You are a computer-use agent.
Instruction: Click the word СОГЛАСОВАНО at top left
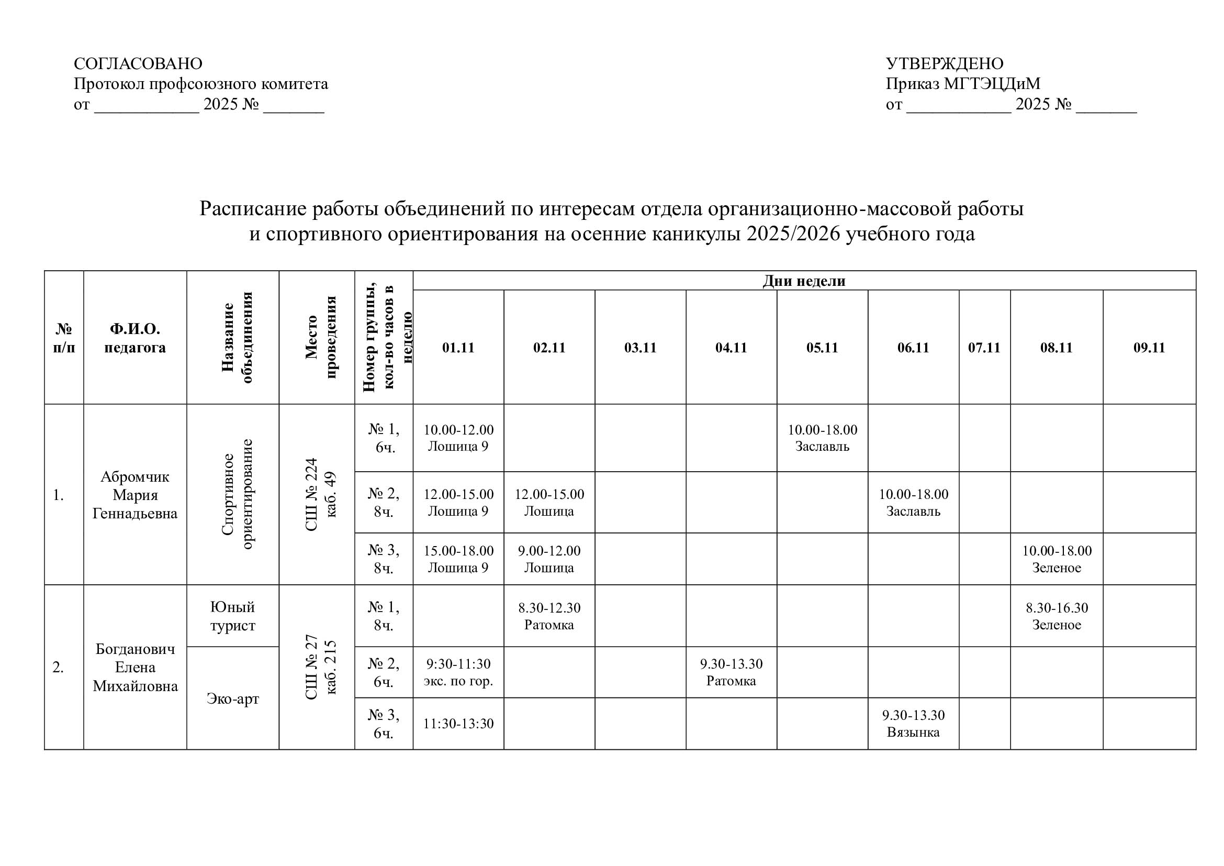point(138,64)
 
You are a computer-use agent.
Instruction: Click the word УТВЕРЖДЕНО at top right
point(944,64)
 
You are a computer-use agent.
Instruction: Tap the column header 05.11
point(822,348)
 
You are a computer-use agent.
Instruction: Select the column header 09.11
point(1149,348)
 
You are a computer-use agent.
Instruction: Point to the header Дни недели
point(804,281)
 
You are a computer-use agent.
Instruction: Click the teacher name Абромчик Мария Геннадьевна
point(135,495)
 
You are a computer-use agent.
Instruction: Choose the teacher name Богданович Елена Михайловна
point(135,667)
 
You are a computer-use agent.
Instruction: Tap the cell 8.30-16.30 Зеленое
point(1056,616)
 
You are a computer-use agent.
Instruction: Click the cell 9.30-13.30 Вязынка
point(913,723)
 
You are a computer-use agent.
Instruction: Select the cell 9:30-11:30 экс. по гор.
point(458,672)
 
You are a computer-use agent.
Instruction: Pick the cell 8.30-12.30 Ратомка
point(549,616)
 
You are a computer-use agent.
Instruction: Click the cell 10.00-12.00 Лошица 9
point(458,438)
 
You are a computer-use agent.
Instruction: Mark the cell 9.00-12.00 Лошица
point(549,559)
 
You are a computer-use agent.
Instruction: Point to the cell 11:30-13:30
point(458,724)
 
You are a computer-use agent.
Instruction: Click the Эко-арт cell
point(232,698)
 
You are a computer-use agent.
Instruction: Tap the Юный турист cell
point(232,616)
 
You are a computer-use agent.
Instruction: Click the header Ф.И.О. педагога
point(135,338)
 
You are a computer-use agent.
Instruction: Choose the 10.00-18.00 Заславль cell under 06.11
point(913,502)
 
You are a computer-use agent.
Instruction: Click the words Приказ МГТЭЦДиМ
point(963,84)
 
